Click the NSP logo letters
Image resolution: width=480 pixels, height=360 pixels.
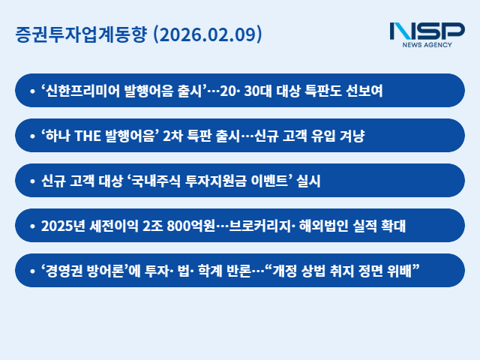tap(427, 31)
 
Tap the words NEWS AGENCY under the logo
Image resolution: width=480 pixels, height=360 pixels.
tap(427, 46)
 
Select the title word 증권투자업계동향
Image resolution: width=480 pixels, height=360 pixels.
tap(81, 34)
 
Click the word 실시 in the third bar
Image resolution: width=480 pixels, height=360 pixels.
tap(315, 181)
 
